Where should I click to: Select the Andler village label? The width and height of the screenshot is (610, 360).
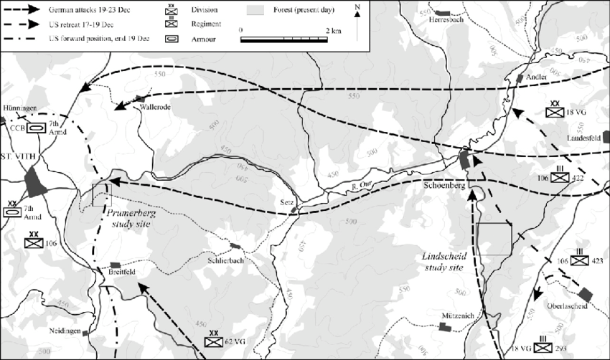536,76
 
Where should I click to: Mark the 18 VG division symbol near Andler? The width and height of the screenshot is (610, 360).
556,112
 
